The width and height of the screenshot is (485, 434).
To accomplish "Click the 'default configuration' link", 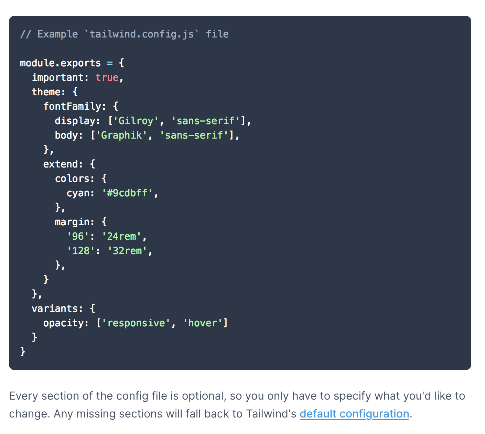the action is (354, 414).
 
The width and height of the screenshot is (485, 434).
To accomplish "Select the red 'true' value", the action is (107, 78).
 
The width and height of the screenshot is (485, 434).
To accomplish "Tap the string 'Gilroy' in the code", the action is (136, 121).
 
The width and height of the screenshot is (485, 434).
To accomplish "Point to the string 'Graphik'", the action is (121, 135).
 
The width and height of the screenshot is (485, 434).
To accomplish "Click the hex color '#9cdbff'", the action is (127, 193).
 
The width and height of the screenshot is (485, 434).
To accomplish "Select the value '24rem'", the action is (121, 237).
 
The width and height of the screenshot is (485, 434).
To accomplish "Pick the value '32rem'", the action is (127, 251).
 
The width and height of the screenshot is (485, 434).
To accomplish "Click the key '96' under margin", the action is (78, 237).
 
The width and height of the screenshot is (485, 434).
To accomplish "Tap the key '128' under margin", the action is (81, 251).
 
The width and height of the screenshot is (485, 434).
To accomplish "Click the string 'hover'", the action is (203, 323).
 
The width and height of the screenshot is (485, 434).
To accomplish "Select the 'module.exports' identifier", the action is (60, 63).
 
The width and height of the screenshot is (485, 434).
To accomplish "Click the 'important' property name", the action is (58, 78).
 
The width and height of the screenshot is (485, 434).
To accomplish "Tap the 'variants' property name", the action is (55, 309).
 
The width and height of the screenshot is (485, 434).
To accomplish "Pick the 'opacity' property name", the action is (63, 323).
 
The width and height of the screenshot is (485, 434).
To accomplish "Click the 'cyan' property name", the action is (78, 193).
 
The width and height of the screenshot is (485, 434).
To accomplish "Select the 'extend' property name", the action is (61, 164).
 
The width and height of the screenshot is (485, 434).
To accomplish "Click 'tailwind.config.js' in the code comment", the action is (142, 34).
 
